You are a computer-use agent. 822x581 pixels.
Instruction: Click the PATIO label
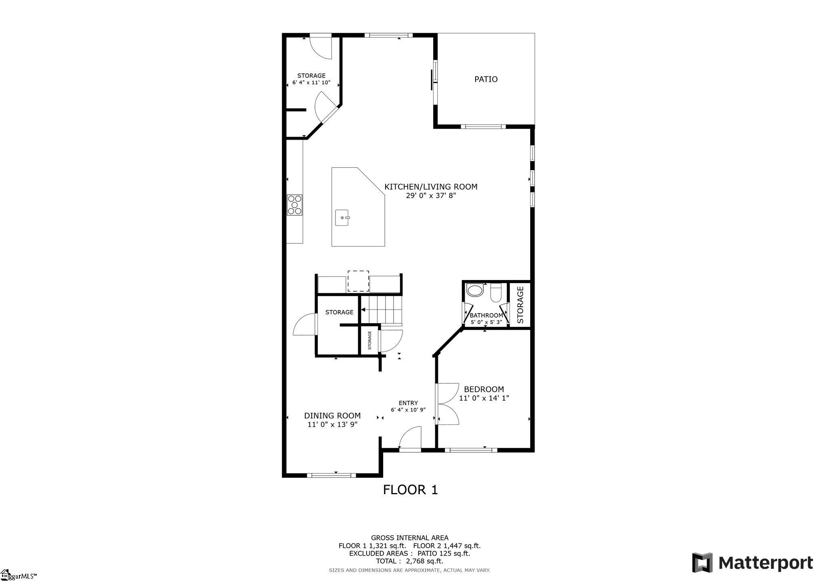(x=486, y=79)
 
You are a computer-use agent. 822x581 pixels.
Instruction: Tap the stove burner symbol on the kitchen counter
(x=295, y=205)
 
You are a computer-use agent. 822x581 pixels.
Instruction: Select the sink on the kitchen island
(x=342, y=218)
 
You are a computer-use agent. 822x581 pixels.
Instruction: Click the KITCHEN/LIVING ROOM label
(x=431, y=186)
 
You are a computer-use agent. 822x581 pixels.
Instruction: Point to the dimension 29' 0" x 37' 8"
(x=431, y=196)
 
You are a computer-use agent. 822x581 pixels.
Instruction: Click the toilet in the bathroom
(x=496, y=293)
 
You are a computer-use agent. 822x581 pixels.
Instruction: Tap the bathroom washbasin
(x=474, y=291)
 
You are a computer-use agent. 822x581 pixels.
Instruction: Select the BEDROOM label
(x=484, y=389)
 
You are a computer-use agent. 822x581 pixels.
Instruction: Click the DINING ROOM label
(x=332, y=416)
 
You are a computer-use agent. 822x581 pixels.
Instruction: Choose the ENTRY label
(x=408, y=403)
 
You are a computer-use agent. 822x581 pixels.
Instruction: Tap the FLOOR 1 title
(x=410, y=490)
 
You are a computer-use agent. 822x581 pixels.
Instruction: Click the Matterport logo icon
(x=702, y=562)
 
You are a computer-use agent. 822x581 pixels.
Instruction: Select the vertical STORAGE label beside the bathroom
(x=520, y=305)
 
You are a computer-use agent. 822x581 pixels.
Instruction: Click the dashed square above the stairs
(x=358, y=281)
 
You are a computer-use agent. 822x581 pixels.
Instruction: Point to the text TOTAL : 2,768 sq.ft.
(x=409, y=561)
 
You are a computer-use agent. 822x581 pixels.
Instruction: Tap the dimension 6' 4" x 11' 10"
(x=311, y=83)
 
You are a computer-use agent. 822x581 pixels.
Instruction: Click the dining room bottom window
(x=331, y=475)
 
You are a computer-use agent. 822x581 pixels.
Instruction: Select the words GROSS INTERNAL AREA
(x=409, y=537)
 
